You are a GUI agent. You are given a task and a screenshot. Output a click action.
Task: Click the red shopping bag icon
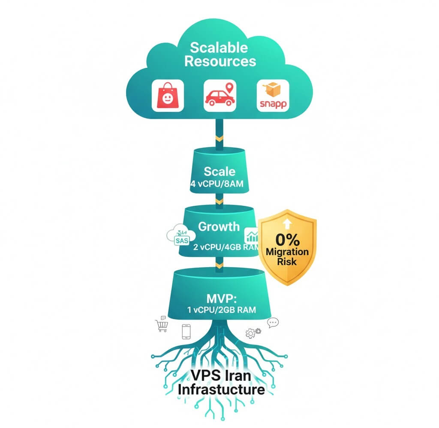pyautogui.click(x=168, y=96)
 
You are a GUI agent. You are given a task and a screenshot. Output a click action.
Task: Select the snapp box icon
pyautogui.click(x=273, y=96)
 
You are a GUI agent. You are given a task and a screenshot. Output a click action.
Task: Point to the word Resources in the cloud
pyautogui.click(x=220, y=61)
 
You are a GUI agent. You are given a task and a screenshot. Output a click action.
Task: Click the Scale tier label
pyautogui.click(x=219, y=172)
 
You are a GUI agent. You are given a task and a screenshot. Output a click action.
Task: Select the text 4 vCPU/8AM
pyautogui.click(x=219, y=184)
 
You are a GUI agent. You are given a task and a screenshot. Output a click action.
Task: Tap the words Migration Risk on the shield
pyautogui.click(x=287, y=256)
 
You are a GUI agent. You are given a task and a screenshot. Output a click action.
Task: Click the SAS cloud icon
pyautogui.click(x=180, y=237)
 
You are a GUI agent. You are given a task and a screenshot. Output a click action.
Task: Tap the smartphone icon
pyautogui.click(x=186, y=332)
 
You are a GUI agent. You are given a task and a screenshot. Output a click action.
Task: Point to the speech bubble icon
pyautogui.click(x=273, y=323)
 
